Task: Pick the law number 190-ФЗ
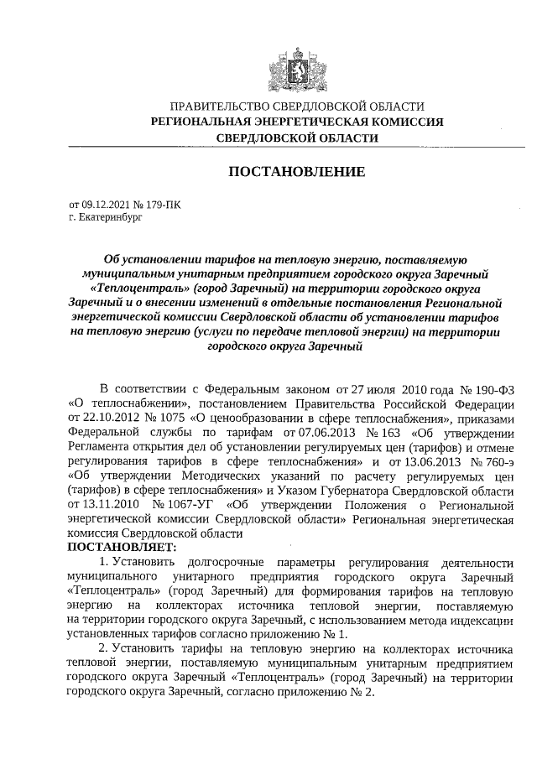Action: coord(493,389)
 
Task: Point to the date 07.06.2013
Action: coord(314,432)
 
